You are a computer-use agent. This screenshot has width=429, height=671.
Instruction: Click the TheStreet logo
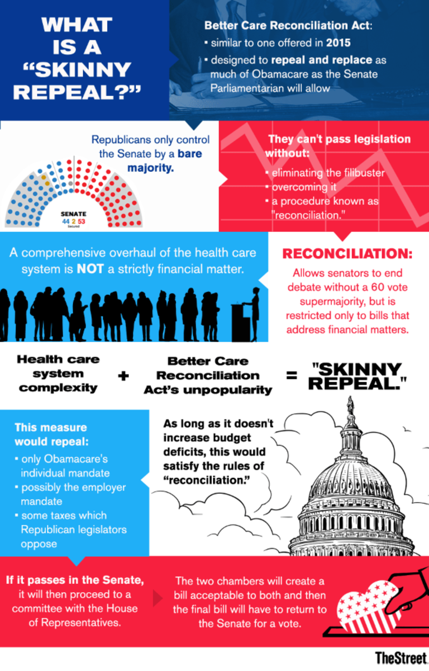coord(401,658)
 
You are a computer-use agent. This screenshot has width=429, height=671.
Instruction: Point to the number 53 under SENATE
coord(82,221)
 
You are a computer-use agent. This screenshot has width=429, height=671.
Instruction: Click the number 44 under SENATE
coord(66,221)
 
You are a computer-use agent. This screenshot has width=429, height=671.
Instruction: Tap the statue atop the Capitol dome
coord(351,406)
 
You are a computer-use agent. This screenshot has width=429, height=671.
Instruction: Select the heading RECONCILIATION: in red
coord(347,254)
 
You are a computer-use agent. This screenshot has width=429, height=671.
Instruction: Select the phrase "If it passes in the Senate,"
coord(75,580)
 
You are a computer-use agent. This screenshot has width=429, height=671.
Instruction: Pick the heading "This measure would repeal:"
coord(51,434)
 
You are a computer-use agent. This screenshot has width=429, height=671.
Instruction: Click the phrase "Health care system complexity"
coord(58,374)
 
